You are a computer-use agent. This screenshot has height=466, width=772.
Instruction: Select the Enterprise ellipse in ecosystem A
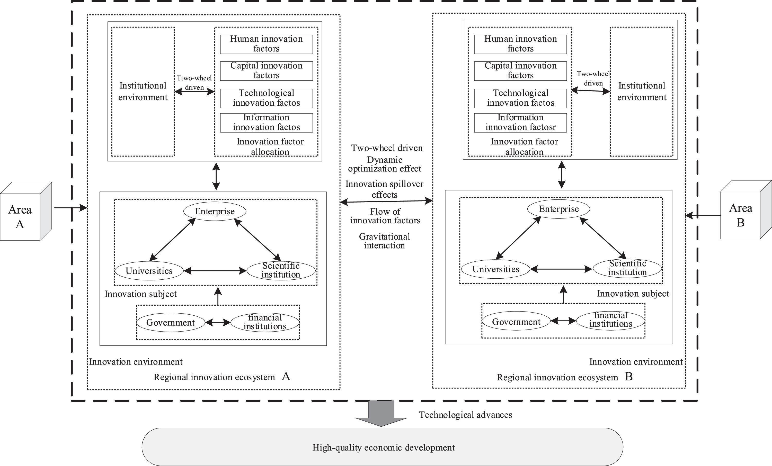tap(215, 211)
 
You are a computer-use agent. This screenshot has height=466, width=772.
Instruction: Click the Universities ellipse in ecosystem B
tap(496, 269)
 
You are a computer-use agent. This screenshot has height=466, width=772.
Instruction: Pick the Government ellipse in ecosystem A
tap(171, 322)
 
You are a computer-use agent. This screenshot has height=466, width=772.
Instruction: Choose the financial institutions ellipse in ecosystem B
tap(611, 320)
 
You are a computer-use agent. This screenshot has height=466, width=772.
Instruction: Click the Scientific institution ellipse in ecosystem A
tap(281, 270)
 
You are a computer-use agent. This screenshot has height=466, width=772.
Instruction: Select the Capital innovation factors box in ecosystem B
tap(520, 71)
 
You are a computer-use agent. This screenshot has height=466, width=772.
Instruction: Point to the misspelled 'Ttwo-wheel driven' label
tap(194, 83)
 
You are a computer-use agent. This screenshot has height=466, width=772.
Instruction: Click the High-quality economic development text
tap(384, 447)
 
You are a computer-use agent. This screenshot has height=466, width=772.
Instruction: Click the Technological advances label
tap(466, 415)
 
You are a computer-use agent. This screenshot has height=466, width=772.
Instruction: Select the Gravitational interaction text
tap(384, 241)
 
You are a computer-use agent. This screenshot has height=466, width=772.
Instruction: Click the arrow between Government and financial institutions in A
tap(218, 322)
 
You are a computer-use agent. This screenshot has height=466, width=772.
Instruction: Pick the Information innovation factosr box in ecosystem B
tap(520, 123)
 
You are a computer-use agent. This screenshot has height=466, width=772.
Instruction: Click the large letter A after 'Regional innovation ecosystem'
tap(286, 376)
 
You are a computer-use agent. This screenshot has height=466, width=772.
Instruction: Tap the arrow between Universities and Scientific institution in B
tap(561, 269)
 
